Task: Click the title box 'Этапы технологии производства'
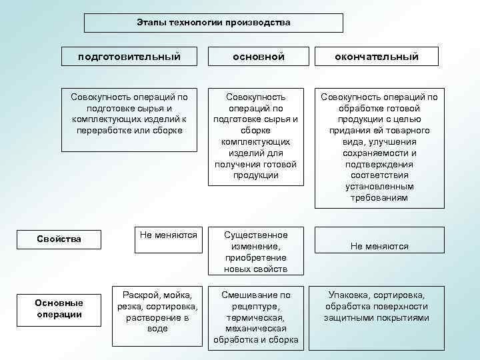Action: (213, 23)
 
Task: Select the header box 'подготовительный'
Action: (129, 57)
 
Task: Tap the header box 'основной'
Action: (257, 57)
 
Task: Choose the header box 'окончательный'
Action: (377, 57)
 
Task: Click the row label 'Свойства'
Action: (59, 239)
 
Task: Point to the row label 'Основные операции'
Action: (59, 309)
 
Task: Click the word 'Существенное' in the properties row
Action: (256, 235)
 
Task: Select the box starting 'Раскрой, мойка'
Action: (157, 311)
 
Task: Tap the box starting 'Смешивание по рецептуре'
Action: (256, 318)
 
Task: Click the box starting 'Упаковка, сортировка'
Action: (377, 306)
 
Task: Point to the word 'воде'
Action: (157, 329)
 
